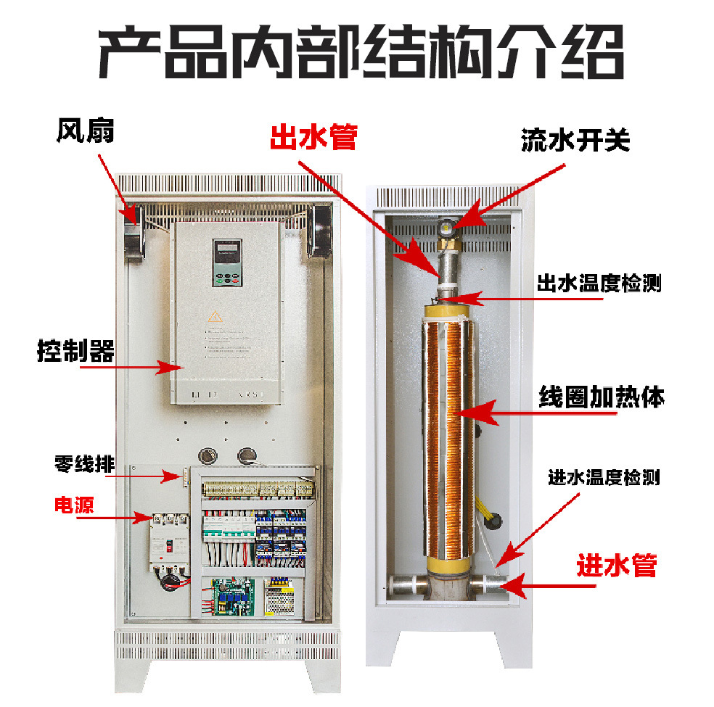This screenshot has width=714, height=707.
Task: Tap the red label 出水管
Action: (x=313, y=137)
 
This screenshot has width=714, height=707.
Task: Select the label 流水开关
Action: (x=575, y=140)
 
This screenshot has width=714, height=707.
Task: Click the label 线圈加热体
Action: (x=602, y=397)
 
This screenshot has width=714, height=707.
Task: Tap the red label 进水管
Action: (x=617, y=565)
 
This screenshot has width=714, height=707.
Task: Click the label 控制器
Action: (x=75, y=352)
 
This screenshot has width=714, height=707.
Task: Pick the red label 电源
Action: (x=75, y=505)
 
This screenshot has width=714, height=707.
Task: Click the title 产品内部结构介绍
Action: (x=361, y=54)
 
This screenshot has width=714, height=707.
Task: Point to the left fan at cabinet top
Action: (x=133, y=233)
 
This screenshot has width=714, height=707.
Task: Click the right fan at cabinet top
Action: (x=317, y=232)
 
